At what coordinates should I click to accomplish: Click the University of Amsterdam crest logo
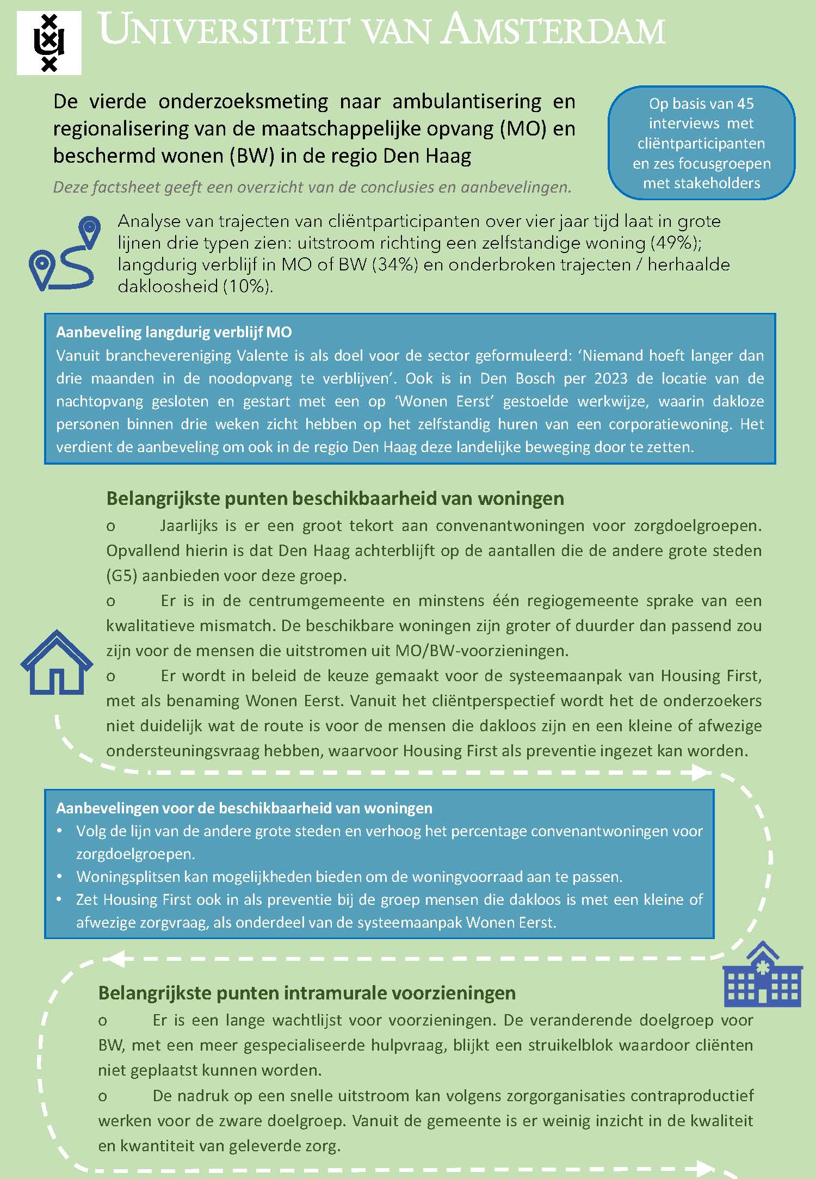coord(49,43)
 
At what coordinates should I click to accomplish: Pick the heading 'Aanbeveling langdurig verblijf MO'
coord(174,332)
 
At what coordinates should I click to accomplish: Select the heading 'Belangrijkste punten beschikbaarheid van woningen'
coord(335,498)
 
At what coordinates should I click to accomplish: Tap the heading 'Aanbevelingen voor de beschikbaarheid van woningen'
coord(244,808)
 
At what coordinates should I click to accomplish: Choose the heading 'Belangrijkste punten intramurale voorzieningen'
coord(307,993)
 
